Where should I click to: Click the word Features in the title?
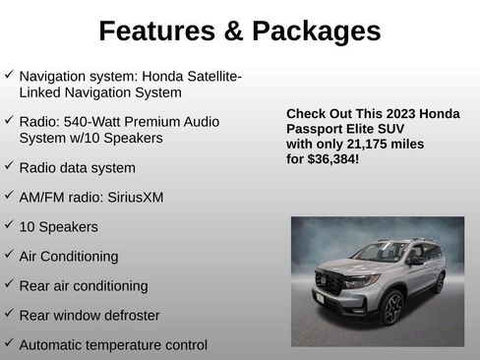157,31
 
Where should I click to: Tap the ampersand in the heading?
234,31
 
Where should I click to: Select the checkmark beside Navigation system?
9,75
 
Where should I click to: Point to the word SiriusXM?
129,197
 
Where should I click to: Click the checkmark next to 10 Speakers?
9,225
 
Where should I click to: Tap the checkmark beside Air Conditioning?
9,255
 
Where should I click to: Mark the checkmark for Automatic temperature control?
9,343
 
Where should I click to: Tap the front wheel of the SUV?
392,307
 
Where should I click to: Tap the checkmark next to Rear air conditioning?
9,284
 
